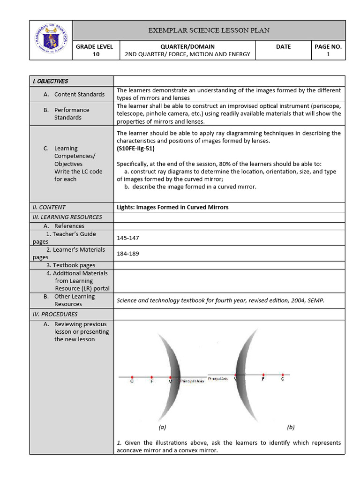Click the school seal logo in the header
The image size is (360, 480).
[x=52, y=40]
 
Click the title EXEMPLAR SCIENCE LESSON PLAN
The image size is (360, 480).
[x=209, y=30]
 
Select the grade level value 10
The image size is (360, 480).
[x=97, y=54]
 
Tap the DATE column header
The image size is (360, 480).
[x=284, y=46]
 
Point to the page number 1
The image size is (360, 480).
[x=328, y=54]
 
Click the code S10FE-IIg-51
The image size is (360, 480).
[x=135, y=149]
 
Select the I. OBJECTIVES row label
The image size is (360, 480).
[x=50, y=81]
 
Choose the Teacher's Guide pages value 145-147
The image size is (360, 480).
[x=127, y=238]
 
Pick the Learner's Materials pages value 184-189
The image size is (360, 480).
[x=127, y=254]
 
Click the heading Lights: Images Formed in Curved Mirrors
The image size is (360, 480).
[x=172, y=207]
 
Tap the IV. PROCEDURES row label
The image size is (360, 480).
[x=55, y=314]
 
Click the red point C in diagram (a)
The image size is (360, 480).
[x=132, y=376]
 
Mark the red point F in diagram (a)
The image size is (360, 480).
[x=151, y=376]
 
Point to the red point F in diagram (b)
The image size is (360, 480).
[x=263, y=375]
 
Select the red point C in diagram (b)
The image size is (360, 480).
[x=282, y=375]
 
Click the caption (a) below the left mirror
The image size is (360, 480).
[x=162, y=427]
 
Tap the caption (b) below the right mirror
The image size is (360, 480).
[x=291, y=427]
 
